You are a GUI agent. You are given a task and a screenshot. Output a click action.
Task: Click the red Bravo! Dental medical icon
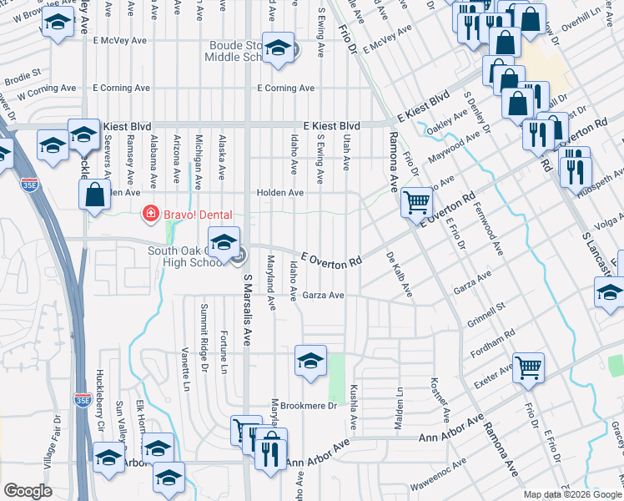pos(150,215)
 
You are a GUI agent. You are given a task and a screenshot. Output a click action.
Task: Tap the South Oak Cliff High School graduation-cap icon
pos(223,242)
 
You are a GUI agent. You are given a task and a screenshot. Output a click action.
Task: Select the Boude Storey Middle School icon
pos(278,47)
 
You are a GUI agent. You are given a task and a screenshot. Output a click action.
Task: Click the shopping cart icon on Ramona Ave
pos(416,201)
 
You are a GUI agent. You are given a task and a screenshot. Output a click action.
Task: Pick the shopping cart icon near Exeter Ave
pos(528,367)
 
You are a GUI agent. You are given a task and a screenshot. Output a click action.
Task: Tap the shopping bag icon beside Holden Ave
pos(95,195)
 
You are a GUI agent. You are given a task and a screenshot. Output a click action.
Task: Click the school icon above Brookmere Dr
pos(309,361)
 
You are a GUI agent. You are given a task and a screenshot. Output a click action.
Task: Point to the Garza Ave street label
pos(324,296)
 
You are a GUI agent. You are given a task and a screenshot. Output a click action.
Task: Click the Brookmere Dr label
pos(308,406)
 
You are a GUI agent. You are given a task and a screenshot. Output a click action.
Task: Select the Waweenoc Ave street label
pos(436,477)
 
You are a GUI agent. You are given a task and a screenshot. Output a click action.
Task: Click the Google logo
pos(28,492)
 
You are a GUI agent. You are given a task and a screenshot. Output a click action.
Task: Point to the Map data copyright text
pos(572,494)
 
